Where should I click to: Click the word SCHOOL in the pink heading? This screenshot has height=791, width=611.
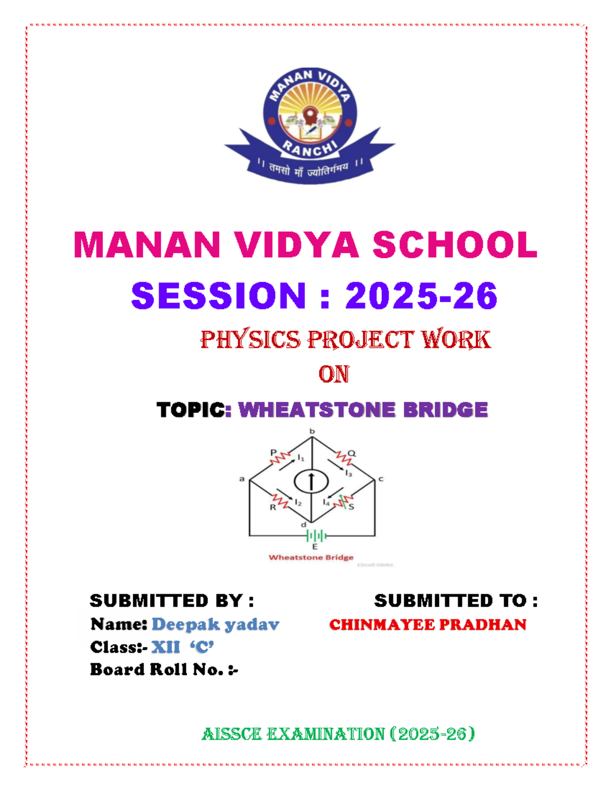click(x=455, y=244)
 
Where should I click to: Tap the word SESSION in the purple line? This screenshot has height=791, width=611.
click(x=218, y=295)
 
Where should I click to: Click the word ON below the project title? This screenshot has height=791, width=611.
click(x=334, y=374)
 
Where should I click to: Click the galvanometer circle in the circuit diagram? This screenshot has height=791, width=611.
click(x=311, y=481)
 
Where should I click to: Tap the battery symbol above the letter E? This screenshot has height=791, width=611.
click(x=316, y=536)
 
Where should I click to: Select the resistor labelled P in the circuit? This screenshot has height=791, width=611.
click(x=280, y=457)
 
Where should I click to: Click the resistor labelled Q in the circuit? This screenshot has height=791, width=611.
click(x=344, y=457)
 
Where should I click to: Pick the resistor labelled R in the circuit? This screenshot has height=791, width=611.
click(x=280, y=500)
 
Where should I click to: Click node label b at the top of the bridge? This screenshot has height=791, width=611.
click(x=312, y=431)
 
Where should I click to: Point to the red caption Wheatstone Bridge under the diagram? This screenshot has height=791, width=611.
click(x=311, y=557)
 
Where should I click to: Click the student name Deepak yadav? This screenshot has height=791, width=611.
click(x=215, y=624)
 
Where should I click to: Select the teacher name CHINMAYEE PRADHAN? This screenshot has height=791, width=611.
click(x=428, y=624)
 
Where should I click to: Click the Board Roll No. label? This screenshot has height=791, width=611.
click(x=164, y=669)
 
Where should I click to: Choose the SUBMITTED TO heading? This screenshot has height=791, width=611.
click(x=456, y=601)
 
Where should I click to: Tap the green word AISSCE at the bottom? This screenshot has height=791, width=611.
click(x=232, y=734)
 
